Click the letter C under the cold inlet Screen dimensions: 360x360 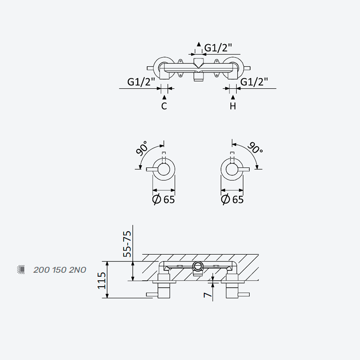pos(164,106)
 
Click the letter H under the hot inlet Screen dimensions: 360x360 pos(233,106)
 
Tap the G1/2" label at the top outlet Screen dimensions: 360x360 pos(218,48)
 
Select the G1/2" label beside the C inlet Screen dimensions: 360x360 pos(141,82)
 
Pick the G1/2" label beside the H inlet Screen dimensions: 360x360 pos(254,82)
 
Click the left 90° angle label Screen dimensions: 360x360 pos(141,148)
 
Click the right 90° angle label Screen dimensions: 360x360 pos(255,148)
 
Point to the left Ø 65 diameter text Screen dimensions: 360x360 pos(164,199)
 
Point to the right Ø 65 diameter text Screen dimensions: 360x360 pos(232,199)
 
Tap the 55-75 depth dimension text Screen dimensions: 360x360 pos(127,244)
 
